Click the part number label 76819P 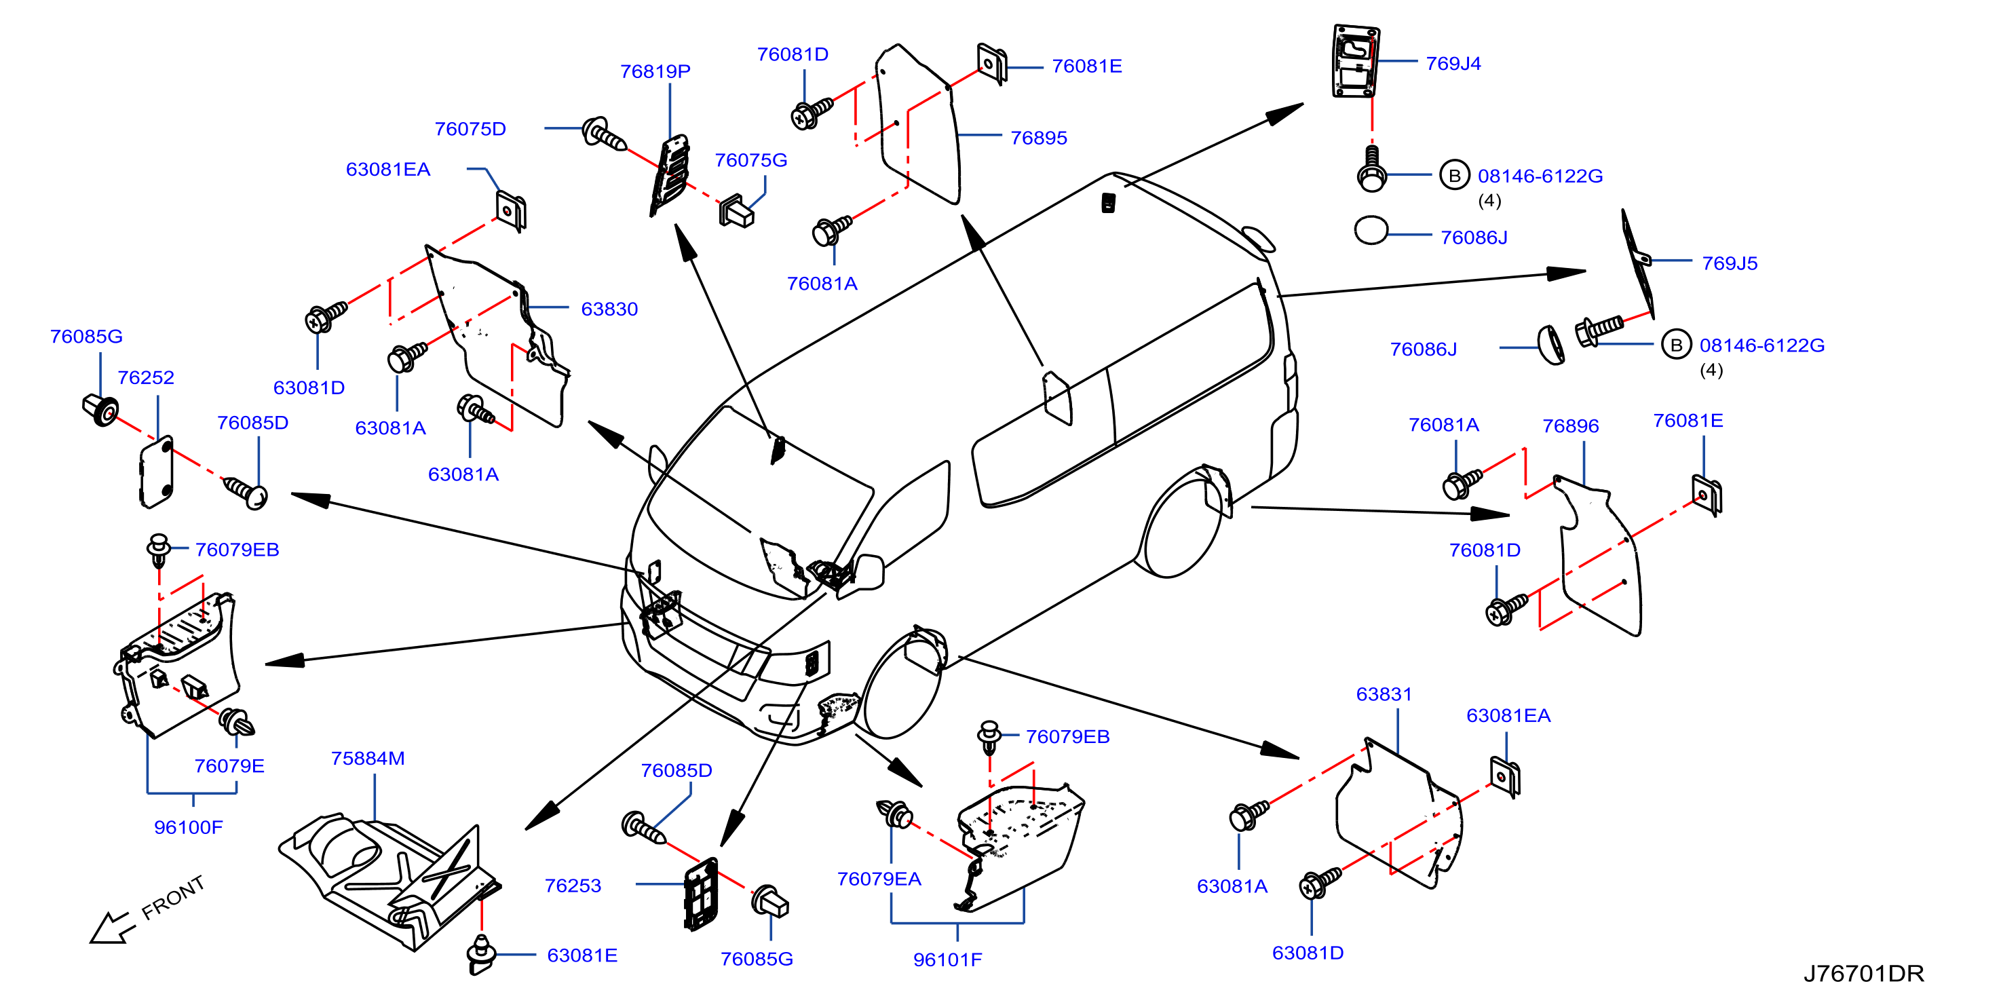[x=655, y=71]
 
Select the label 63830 [x=609, y=309]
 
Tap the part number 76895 [x=1039, y=138]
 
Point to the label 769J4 [x=1453, y=63]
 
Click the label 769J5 [x=1729, y=263]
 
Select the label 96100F [x=188, y=826]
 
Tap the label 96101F [x=947, y=959]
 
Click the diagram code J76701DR [x=1863, y=973]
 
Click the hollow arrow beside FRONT [x=111, y=928]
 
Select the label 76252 [x=145, y=377]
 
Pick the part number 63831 [x=1384, y=694]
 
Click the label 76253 [x=573, y=885]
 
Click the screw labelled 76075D [x=604, y=134]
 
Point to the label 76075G [x=750, y=160]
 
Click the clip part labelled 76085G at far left [x=101, y=409]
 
